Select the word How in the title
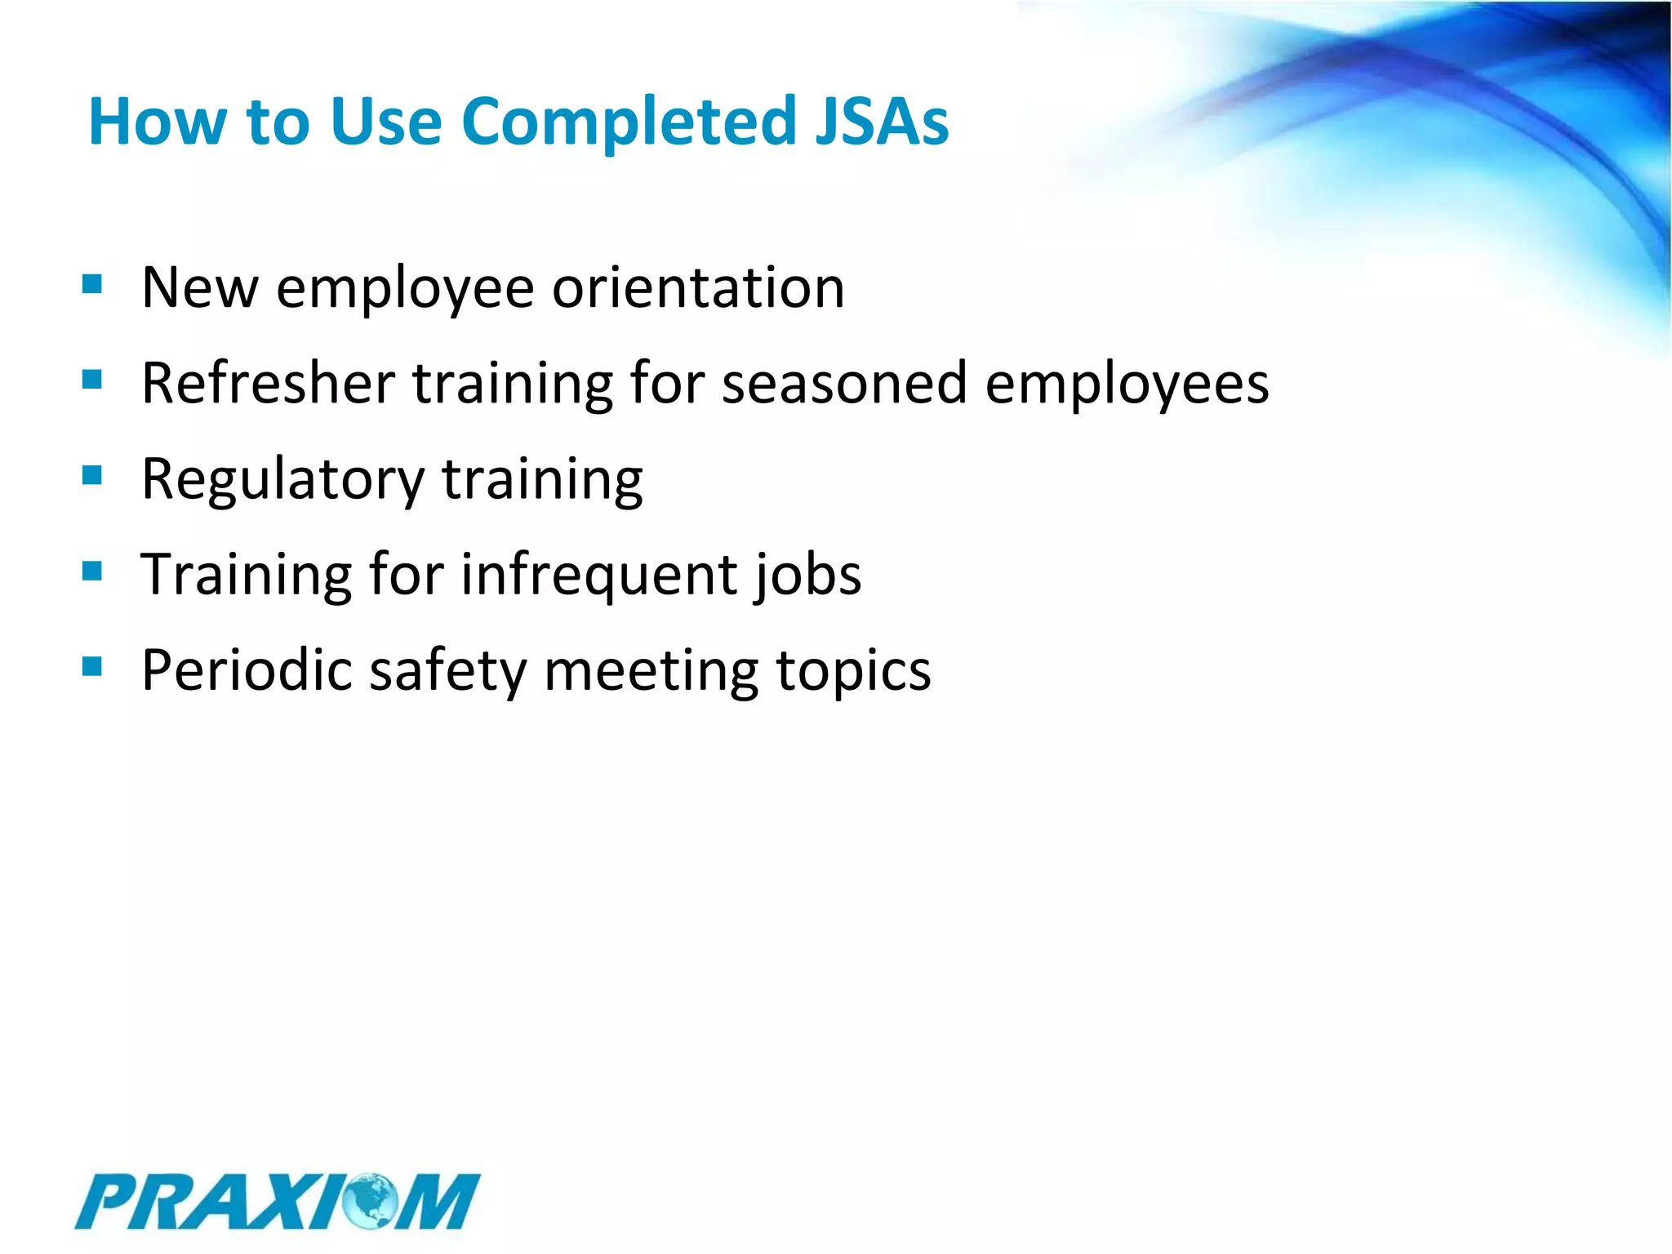158,122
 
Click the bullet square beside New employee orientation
92,283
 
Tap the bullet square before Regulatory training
92,474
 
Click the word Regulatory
282,480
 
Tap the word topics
853,671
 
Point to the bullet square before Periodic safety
92,666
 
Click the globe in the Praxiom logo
369,1200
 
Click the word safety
448,671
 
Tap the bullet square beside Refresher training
92,379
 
